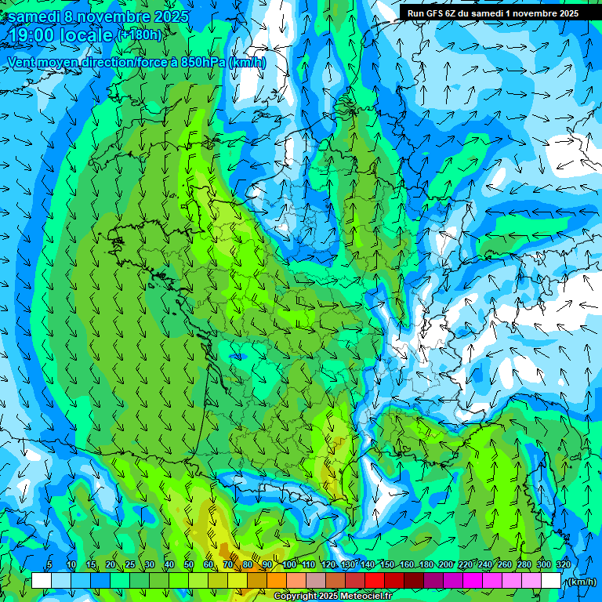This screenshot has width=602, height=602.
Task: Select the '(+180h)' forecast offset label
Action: (x=140, y=35)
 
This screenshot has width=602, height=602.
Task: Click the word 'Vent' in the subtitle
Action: (x=23, y=62)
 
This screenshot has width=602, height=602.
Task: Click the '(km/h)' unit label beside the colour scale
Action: (x=581, y=582)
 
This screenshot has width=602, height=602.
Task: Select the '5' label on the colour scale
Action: (x=49, y=564)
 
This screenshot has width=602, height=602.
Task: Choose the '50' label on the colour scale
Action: (x=188, y=564)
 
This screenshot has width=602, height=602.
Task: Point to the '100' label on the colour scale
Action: (x=289, y=564)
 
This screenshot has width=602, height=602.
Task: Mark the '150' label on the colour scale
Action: (x=387, y=564)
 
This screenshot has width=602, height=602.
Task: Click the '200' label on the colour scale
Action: (x=446, y=564)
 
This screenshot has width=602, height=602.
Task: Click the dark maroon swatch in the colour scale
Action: (x=414, y=581)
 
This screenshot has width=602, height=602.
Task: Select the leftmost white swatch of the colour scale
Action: (x=42, y=581)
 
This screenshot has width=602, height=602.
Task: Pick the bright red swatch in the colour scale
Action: (x=375, y=581)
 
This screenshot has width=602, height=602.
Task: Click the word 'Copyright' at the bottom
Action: (x=296, y=597)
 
